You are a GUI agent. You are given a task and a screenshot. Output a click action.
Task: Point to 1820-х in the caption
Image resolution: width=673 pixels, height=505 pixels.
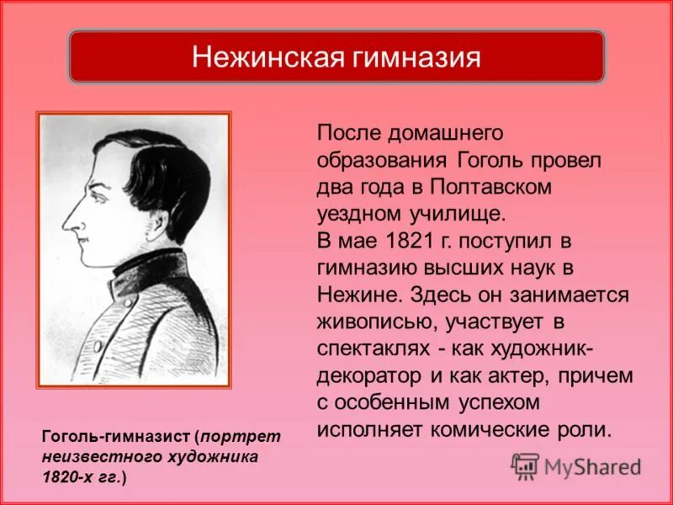pyautogui.click(x=67, y=476)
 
